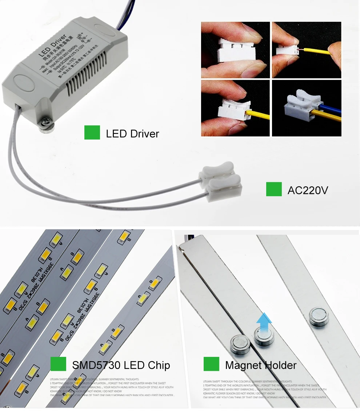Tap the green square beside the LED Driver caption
coord(92,133)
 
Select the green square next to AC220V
coord(274,189)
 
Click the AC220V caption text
coord(308,190)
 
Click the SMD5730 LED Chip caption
coord(121,365)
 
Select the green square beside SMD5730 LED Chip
coord(58,364)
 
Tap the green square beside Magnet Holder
coord(211,364)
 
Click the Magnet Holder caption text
coord(261,365)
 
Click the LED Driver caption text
coord(132,133)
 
